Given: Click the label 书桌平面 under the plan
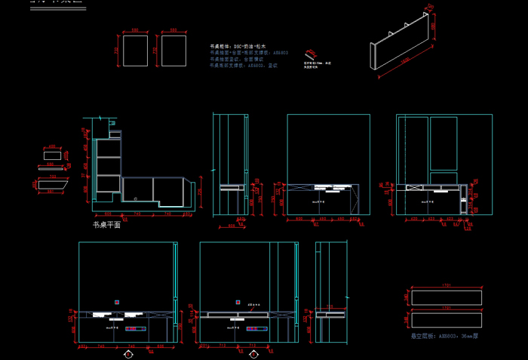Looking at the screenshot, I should click(x=106, y=224).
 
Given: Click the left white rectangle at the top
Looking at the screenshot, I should click(x=135, y=51).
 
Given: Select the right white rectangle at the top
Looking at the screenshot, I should click(x=173, y=51).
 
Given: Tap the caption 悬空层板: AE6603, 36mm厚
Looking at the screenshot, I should click(x=445, y=335).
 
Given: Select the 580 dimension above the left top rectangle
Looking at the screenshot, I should click(x=135, y=30).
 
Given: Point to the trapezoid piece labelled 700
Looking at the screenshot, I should click(x=54, y=183).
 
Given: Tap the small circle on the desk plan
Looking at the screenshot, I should click(x=135, y=198).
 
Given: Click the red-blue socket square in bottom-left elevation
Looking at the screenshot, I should click(x=117, y=302).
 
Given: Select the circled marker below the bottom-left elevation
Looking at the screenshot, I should click(x=129, y=352).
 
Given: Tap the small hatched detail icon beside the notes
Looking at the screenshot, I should click(x=310, y=55).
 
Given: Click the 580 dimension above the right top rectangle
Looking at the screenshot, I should click(x=173, y=30).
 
